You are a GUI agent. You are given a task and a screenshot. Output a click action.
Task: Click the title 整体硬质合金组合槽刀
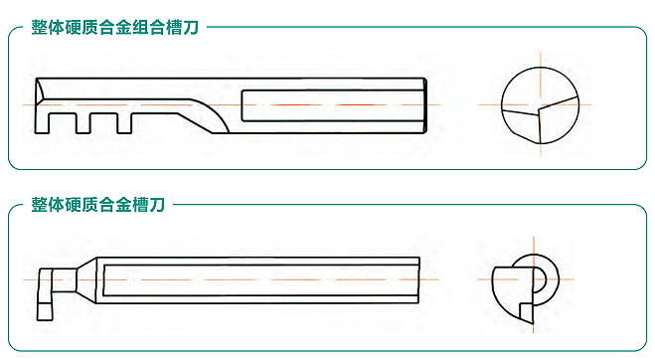(114, 28)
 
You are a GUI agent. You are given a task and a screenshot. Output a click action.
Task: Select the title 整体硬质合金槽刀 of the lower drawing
(97, 205)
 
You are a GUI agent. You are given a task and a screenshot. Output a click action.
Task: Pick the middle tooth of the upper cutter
(82, 123)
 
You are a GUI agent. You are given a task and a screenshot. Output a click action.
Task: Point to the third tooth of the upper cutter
(124, 123)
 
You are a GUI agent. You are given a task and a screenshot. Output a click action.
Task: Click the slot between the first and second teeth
(63, 123)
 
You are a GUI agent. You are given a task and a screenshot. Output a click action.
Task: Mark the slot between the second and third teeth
(103, 123)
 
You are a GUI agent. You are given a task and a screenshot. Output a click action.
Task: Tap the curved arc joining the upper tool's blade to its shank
(218, 113)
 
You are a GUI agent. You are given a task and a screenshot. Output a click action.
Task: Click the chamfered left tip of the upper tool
(39, 90)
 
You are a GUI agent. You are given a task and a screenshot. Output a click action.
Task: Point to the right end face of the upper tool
(425, 105)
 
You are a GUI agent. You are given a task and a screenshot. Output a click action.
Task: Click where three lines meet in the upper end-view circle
(539, 110)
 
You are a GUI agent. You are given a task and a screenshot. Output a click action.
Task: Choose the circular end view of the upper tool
(540, 105)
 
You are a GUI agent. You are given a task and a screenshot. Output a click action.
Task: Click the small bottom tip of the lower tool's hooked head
(45, 312)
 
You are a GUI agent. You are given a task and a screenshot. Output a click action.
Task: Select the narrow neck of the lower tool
(64, 280)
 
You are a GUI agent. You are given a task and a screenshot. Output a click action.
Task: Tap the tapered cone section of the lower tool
(86, 280)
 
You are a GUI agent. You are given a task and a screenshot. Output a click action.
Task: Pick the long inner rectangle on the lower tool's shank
(261, 280)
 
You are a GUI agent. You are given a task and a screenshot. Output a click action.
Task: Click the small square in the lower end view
(527, 312)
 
